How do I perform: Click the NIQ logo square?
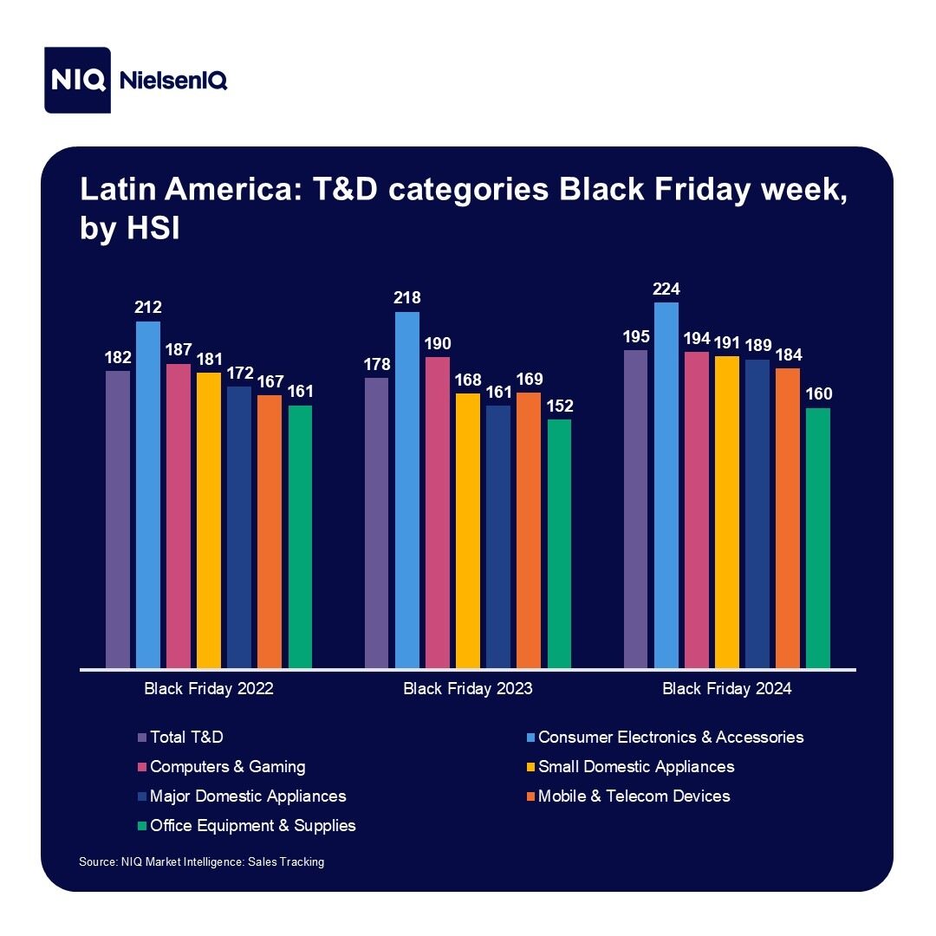tap(78, 80)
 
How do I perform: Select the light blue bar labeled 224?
tap(666, 485)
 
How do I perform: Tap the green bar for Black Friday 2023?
tap(559, 543)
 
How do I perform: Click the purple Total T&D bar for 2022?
tap(118, 520)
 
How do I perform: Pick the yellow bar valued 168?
tap(468, 530)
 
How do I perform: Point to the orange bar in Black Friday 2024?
tap(788, 518)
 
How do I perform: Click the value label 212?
tap(148, 308)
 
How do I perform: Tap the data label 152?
tap(559, 406)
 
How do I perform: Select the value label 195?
tap(635, 335)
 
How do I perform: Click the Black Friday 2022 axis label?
tap(209, 690)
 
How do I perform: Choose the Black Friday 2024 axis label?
tap(727, 690)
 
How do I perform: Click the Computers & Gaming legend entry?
tap(227, 766)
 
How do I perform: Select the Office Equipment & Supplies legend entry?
tap(252, 825)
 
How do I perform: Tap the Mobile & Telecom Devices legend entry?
tap(634, 796)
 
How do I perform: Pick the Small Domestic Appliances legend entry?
tap(635, 766)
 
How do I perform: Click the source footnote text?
tap(201, 862)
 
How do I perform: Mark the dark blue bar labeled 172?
tap(239, 527)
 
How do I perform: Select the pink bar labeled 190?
tap(438, 512)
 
